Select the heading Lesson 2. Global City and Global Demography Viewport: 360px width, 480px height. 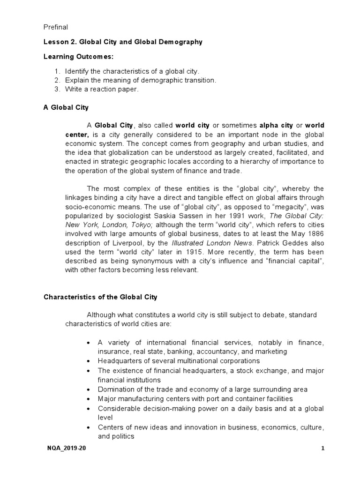(123, 42)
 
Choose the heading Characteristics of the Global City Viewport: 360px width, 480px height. (101, 297)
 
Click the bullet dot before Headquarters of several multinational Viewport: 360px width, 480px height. (90, 361)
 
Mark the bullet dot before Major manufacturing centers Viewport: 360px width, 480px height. (90, 399)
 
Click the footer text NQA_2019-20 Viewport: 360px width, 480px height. (66, 449)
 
